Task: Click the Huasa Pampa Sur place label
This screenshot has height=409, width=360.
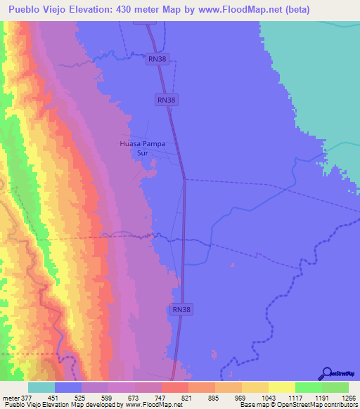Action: [143, 148]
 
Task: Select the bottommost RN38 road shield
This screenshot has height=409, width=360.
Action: [181, 309]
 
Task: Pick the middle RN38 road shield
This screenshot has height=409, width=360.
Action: [167, 100]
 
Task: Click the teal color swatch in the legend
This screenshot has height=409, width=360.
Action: [41, 387]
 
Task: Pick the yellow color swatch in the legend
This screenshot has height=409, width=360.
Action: [281, 387]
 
